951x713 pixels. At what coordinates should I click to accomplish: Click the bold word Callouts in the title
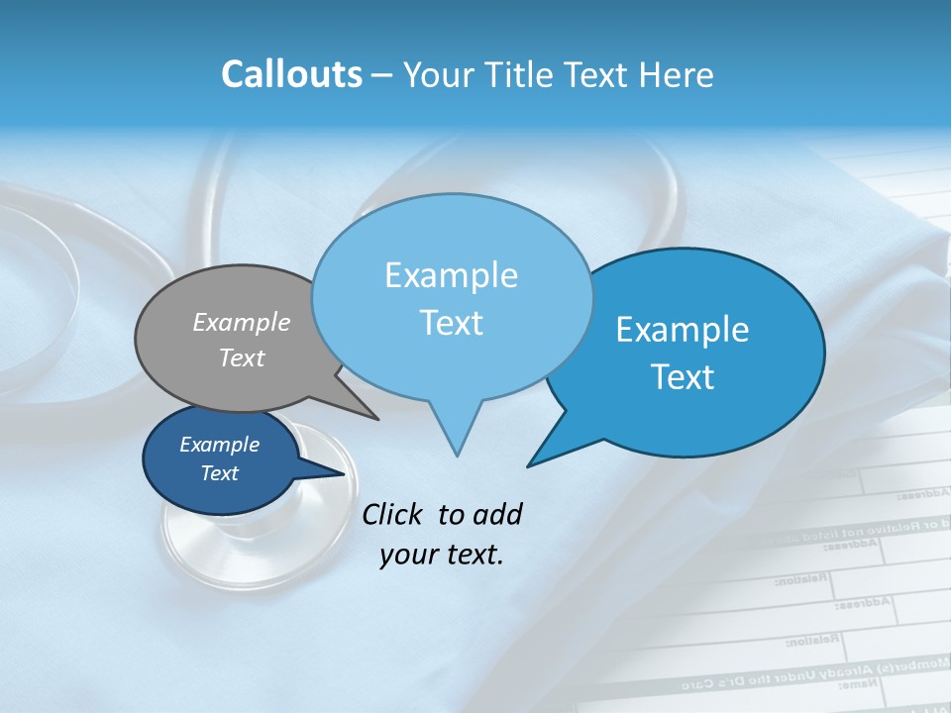point(291,74)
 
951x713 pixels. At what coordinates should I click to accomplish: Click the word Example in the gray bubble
point(242,322)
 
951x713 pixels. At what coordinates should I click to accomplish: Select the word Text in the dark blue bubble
point(220,473)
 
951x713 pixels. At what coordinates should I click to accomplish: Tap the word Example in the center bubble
point(451,275)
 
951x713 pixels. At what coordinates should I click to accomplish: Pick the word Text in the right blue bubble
point(683,377)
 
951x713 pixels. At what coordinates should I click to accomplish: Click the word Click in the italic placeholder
point(393,514)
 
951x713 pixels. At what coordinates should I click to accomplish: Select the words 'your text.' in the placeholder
point(442,555)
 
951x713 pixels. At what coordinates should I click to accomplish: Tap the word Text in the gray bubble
point(242,357)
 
